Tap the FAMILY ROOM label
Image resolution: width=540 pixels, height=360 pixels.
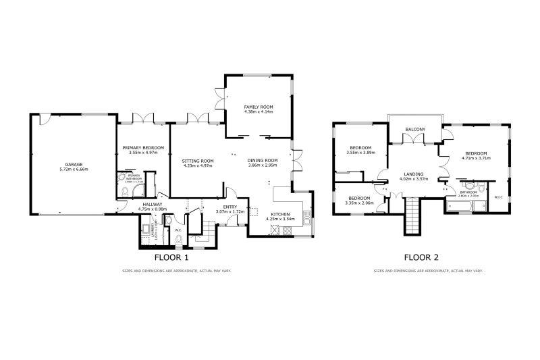click(x=258, y=106)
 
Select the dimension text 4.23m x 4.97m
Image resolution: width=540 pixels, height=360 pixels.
click(x=198, y=165)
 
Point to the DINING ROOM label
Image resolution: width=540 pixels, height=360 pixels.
click(x=263, y=159)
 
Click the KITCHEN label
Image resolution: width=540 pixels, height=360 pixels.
click(x=281, y=213)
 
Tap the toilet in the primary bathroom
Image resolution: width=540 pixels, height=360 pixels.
click(x=126, y=192)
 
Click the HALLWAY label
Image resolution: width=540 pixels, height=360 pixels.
click(x=151, y=204)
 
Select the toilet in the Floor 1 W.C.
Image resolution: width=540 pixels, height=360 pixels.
click(x=178, y=238)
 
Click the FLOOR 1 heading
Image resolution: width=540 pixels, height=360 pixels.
click(x=171, y=257)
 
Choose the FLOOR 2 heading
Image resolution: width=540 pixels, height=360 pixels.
click(x=421, y=257)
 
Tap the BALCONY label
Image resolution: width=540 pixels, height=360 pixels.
click(x=414, y=129)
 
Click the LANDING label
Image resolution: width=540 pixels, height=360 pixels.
click(x=414, y=174)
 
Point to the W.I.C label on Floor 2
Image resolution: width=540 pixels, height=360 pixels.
click(x=499, y=197)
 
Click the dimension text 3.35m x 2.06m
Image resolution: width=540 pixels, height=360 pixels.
click(x=359, y=203)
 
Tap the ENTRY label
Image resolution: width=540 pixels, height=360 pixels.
click(x=230, y=207)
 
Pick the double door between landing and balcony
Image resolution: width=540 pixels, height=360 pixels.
click(x=412, y=140)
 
